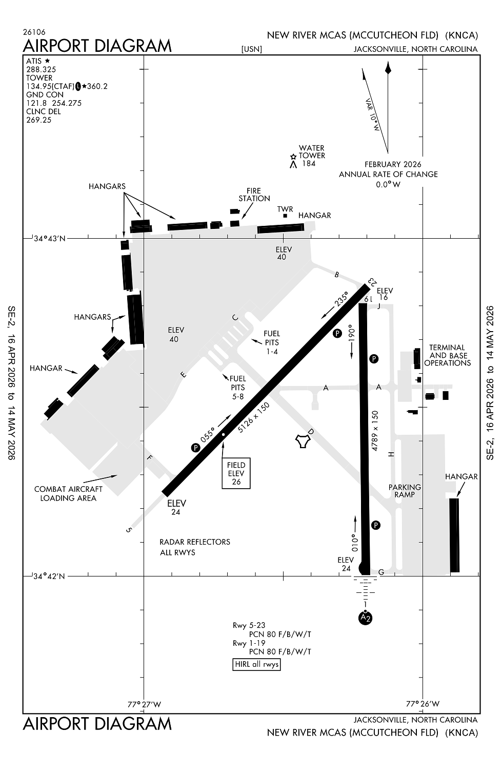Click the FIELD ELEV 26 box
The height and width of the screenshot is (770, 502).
[236, 473]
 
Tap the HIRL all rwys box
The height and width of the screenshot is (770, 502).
[256, 664]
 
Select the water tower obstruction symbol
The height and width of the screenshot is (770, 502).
[293, 161]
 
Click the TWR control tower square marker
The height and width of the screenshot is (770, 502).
[285, 216]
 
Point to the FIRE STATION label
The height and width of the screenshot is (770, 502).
[254, 195]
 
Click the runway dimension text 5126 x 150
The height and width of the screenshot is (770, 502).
[254, 417]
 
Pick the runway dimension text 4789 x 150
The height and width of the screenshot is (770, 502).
[375, 430]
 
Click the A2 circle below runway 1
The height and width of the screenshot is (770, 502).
[365, 618]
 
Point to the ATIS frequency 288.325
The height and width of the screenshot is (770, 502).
[41, 69]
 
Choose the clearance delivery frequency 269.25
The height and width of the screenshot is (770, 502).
[39, 120]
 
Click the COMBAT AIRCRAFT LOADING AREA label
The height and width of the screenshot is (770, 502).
[68, 493]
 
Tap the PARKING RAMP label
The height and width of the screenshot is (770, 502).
[405, 491]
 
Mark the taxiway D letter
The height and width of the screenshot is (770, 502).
[310, 432]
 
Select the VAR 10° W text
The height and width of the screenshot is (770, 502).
[372, 114]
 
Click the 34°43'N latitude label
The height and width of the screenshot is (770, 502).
[49, 238]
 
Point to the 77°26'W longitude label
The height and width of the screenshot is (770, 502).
[423, 704]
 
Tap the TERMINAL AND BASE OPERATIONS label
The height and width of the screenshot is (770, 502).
[447, 355]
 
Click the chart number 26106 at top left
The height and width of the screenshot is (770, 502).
[34, 32]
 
